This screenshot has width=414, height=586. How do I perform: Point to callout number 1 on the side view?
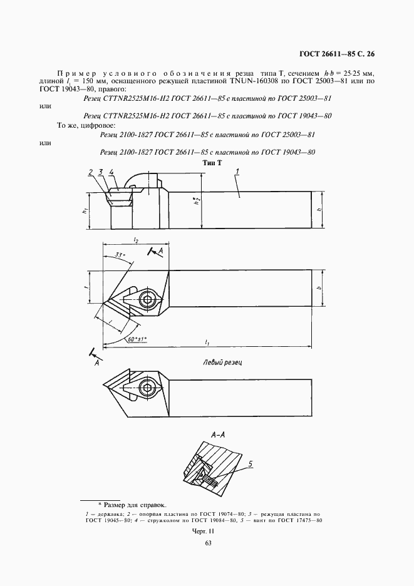pyautogui.click(x=238, y=171)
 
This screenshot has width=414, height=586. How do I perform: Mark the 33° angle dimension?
pyautogui.click(x=120, y=255)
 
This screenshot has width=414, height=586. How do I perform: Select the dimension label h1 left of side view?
pyautogui.click(x=84, y=212)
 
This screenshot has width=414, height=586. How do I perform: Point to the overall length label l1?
pyautogui.click(x=207, y=342)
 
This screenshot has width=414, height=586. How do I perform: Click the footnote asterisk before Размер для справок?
pyautogui.click(x=99, y=503)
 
